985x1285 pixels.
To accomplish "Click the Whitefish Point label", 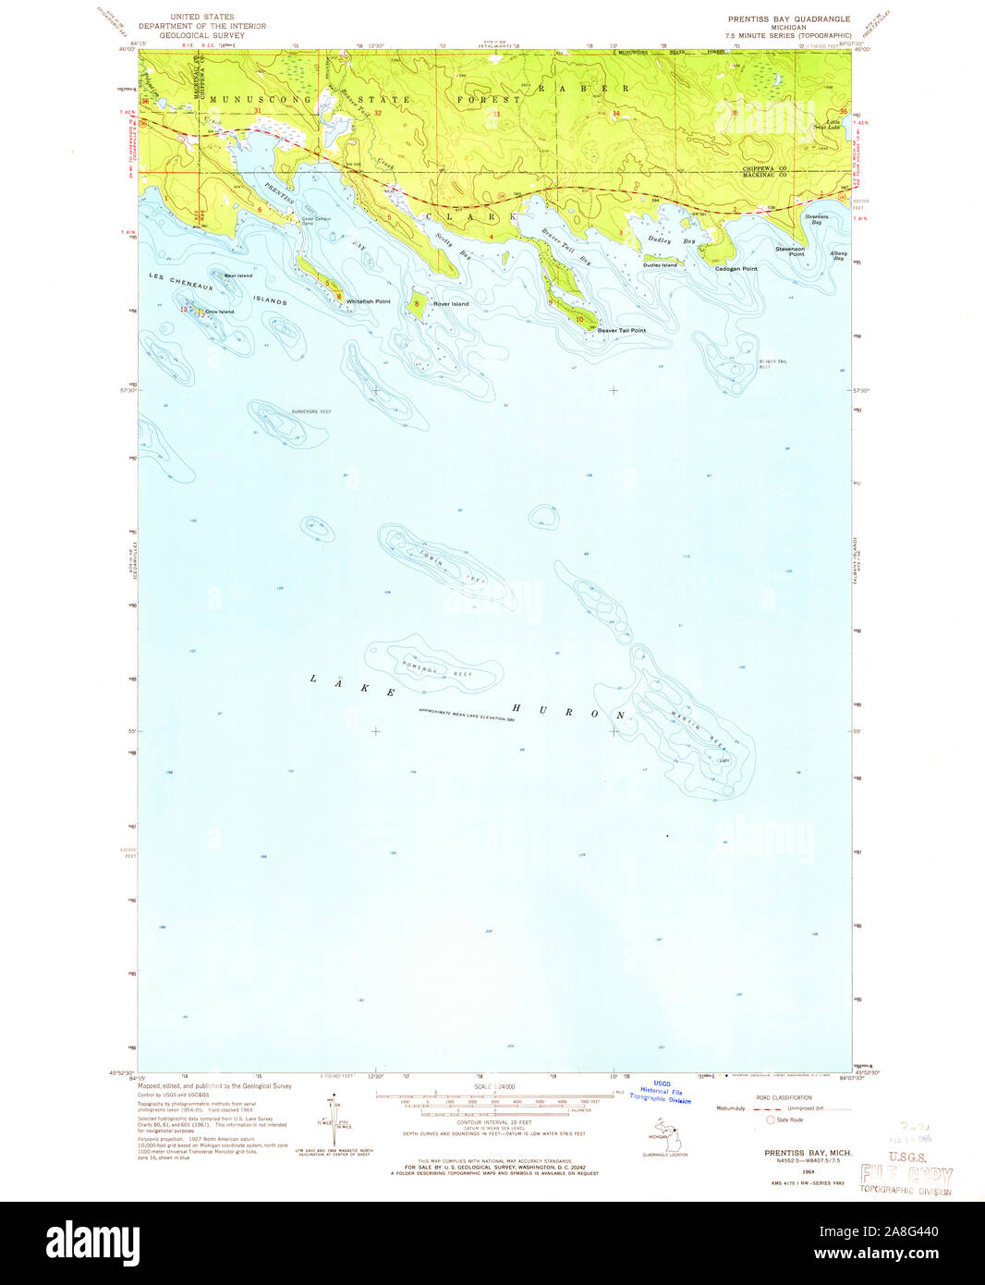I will click(368, 302).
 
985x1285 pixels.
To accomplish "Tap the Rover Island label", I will click(451, 304).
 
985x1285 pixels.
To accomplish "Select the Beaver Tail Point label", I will click(621, 330).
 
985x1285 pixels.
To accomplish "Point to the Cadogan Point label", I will click(736, 269).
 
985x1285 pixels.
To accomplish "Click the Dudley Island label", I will click(660, 265).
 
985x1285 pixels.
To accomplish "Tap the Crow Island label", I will click(219, 312).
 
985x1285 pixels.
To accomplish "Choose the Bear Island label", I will click(237, 275).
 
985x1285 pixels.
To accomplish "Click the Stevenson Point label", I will click(790, 251).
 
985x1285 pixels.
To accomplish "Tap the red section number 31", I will click(258, 112).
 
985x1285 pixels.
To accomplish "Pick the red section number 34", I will click(615, 114).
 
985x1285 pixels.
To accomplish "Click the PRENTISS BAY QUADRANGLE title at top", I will click(788, 18).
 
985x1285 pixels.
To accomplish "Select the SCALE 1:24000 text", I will click(495, 1086).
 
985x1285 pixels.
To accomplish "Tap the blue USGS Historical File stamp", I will click(662, 1092).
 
